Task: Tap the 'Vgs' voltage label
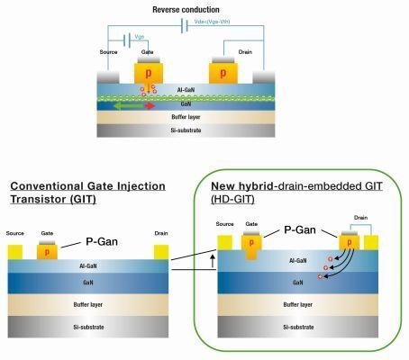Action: (140, 36)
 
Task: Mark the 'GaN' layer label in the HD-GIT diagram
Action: (299, 283)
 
